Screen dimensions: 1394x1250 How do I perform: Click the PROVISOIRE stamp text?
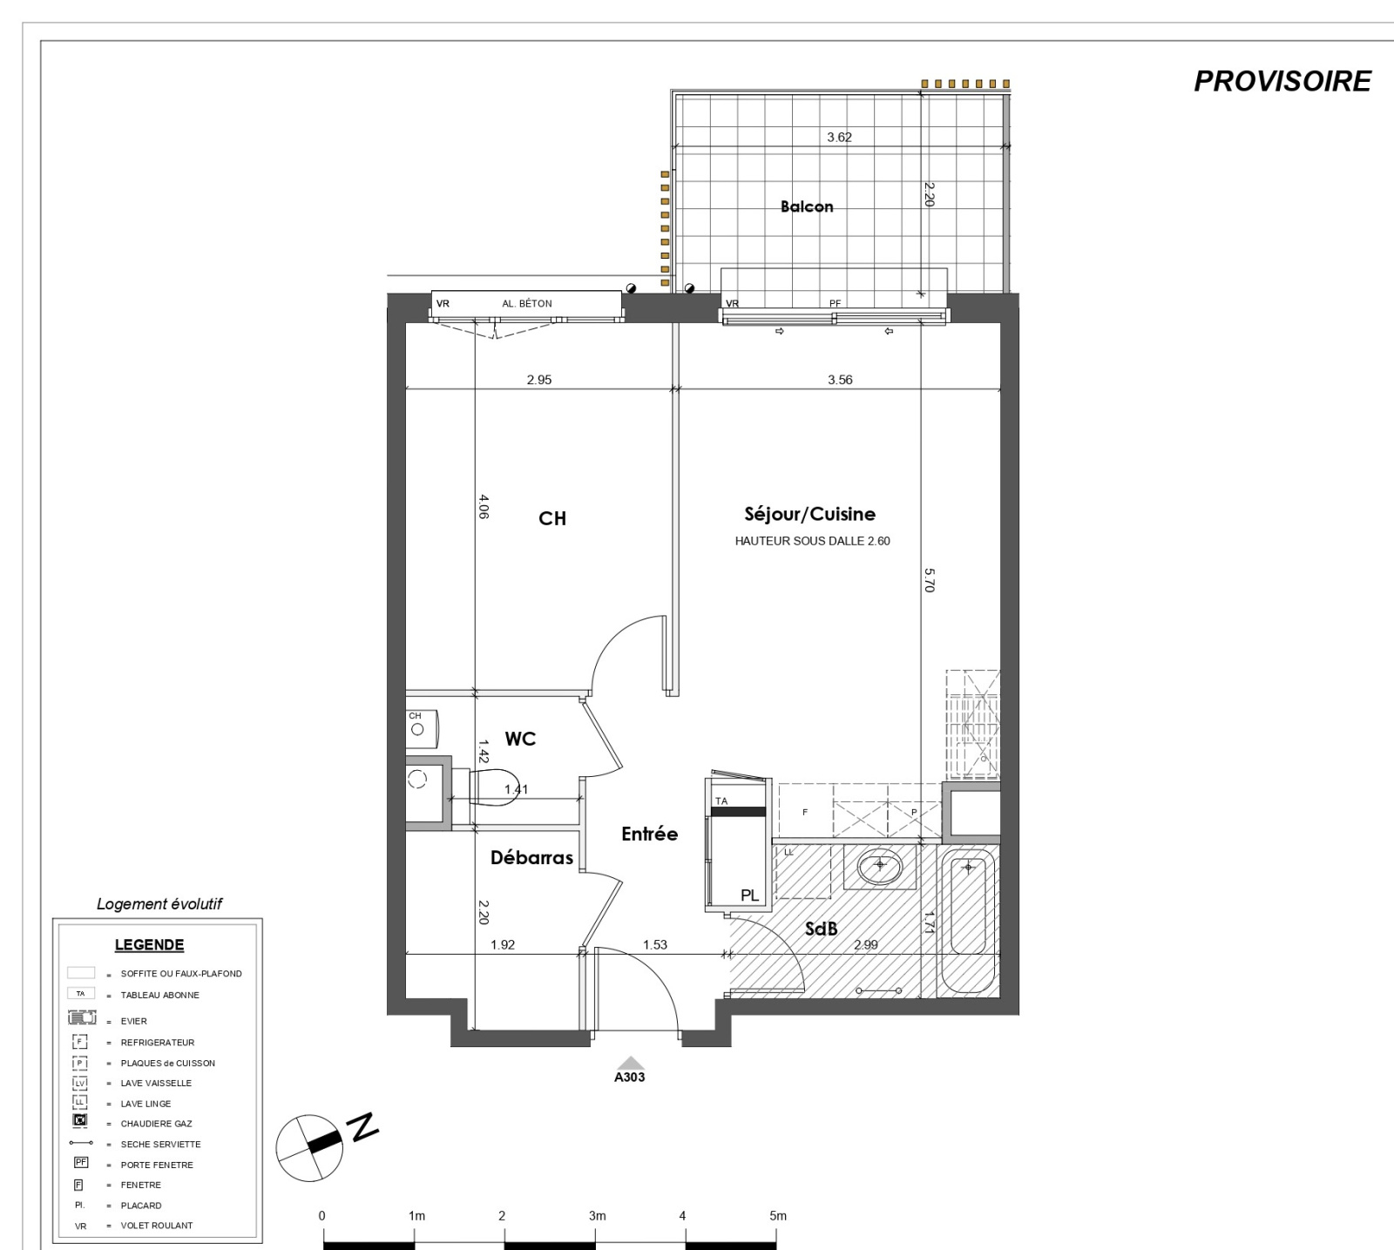(x=1282, y=81)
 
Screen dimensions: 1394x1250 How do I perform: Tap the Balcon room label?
(x=807, y=206)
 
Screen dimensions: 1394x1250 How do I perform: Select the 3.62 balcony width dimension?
(x=839, y=137)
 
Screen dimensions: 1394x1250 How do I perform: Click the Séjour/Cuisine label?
(x=810, y=514)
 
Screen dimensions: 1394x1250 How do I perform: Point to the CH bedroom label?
(x=552, y=518)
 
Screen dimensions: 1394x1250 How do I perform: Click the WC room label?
(x=520, y=739)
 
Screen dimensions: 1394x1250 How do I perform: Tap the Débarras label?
(x=531, y=858)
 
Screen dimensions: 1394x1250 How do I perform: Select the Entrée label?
(x=649, y=834)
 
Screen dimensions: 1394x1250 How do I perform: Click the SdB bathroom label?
(x=821, y=929)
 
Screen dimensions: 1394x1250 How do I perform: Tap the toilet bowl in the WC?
(x=495, y=787)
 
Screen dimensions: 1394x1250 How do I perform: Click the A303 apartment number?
(x=630, y=1077)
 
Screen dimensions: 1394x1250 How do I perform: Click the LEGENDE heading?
(x=150, y=945)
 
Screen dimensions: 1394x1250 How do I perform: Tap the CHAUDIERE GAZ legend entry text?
(x=157, y=1124)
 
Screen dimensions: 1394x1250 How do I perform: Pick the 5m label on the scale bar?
(x=777, y=1216)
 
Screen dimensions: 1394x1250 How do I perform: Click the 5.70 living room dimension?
(x=929, y=580)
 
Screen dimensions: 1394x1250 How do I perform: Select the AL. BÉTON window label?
(x=527, y=304)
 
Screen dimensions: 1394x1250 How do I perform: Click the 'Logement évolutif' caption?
(x=159, y=904)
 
